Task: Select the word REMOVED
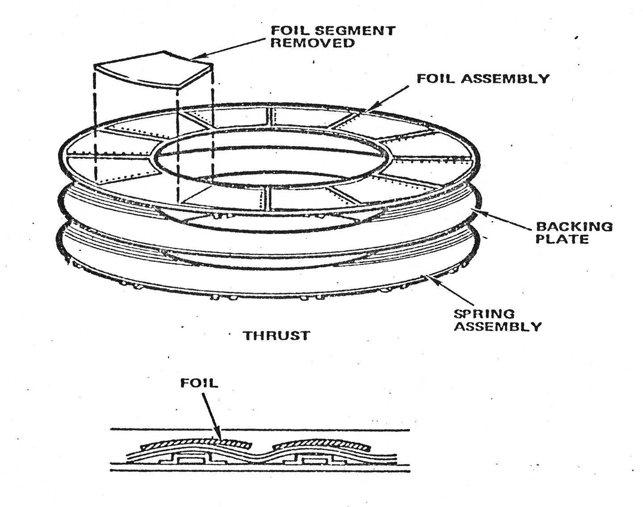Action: [x=313, y=43]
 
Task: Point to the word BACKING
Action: [x=574, y=226]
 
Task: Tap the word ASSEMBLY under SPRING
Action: [x=500, y=326]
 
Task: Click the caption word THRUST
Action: [x=276, y=335]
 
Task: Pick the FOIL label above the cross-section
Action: [x=200, y=383]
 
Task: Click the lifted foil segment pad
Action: [x=153, y=72]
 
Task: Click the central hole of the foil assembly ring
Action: [x=272, y=165]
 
